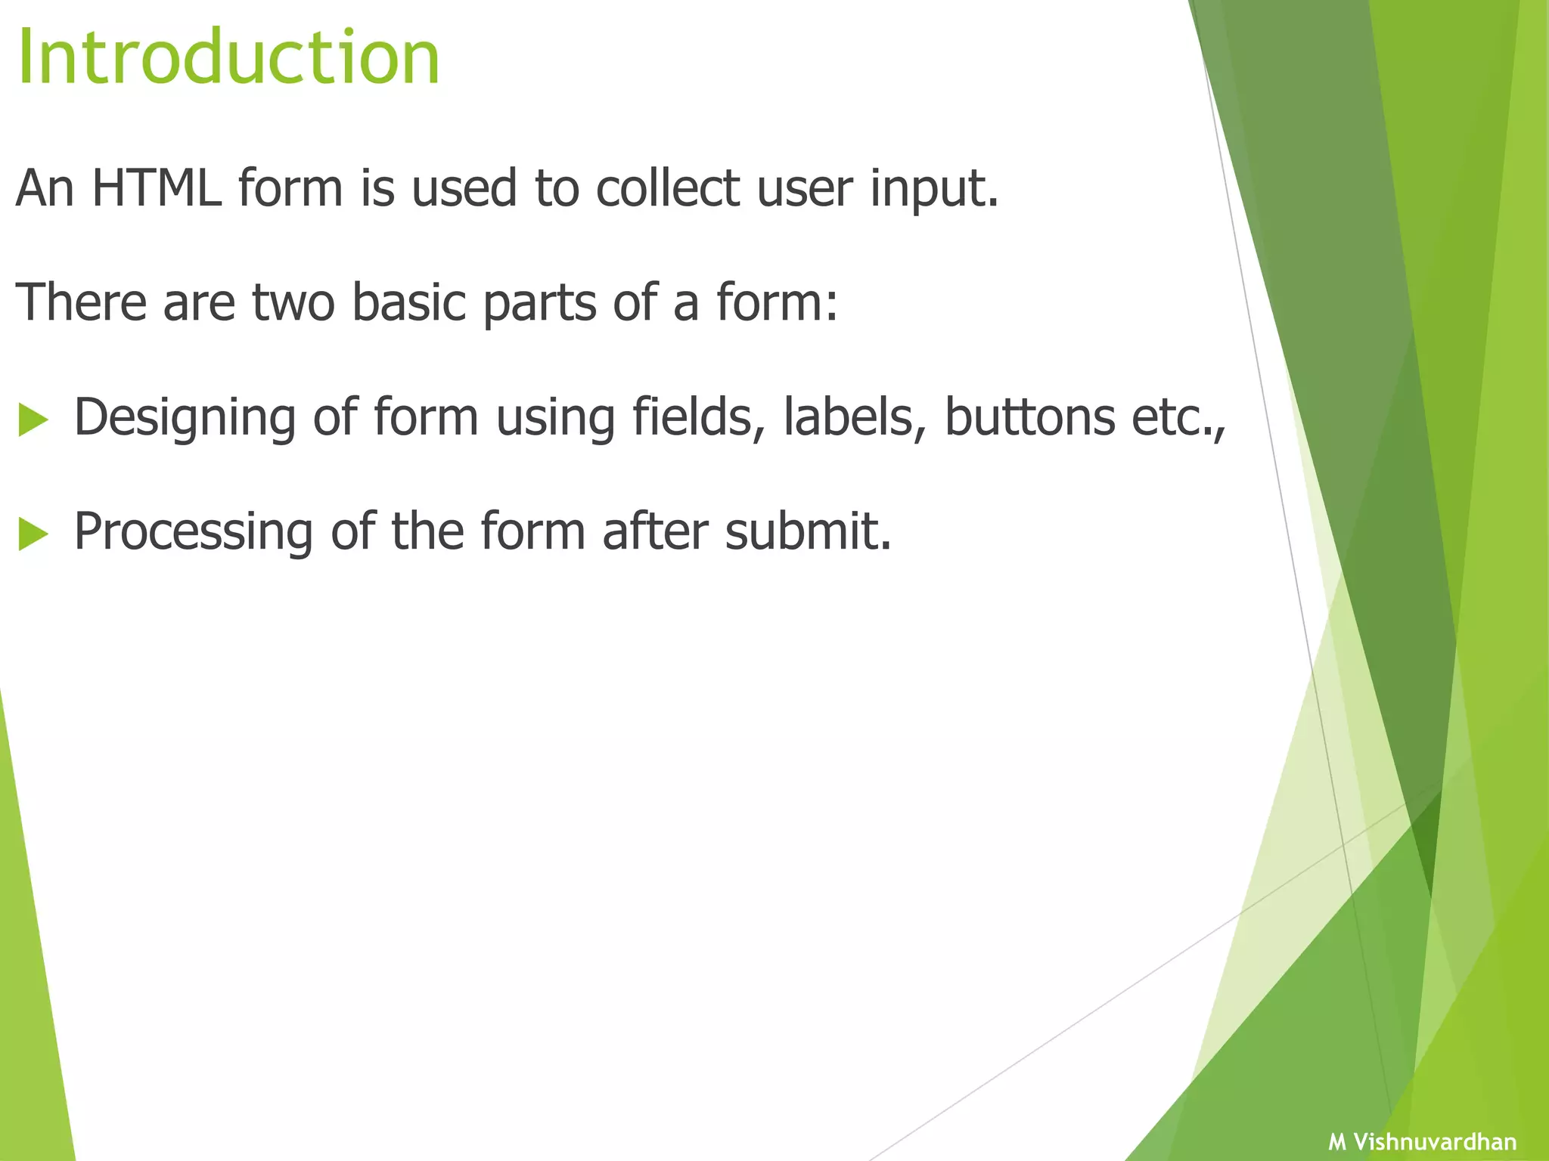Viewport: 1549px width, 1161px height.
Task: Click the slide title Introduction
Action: (x=228, y=58)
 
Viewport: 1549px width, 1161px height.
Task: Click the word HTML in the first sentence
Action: (x=157, y=187)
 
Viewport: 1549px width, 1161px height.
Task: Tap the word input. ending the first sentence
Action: (x=934, y=189)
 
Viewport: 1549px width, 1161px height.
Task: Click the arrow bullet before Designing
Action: (x=33, y=420)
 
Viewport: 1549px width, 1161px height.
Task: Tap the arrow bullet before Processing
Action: (x=33, y=534)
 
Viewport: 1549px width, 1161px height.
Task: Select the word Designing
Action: (x=185, y=418)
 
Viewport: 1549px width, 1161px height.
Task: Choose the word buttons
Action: (x=1029, y=416)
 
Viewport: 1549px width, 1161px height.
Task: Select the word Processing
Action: (x=193, y=532)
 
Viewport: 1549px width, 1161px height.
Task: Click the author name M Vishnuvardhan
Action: (x=1422, y=1141)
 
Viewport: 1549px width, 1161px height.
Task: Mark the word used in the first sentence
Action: (x=464, y=187)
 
